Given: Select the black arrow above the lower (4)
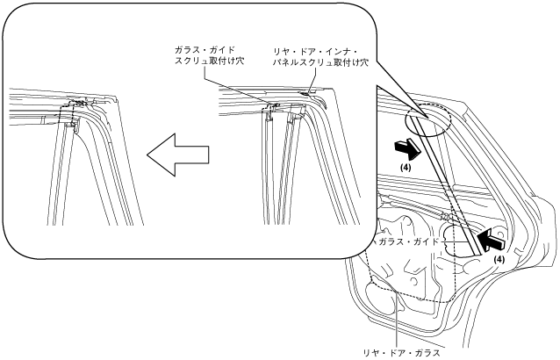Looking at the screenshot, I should point(492,235).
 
